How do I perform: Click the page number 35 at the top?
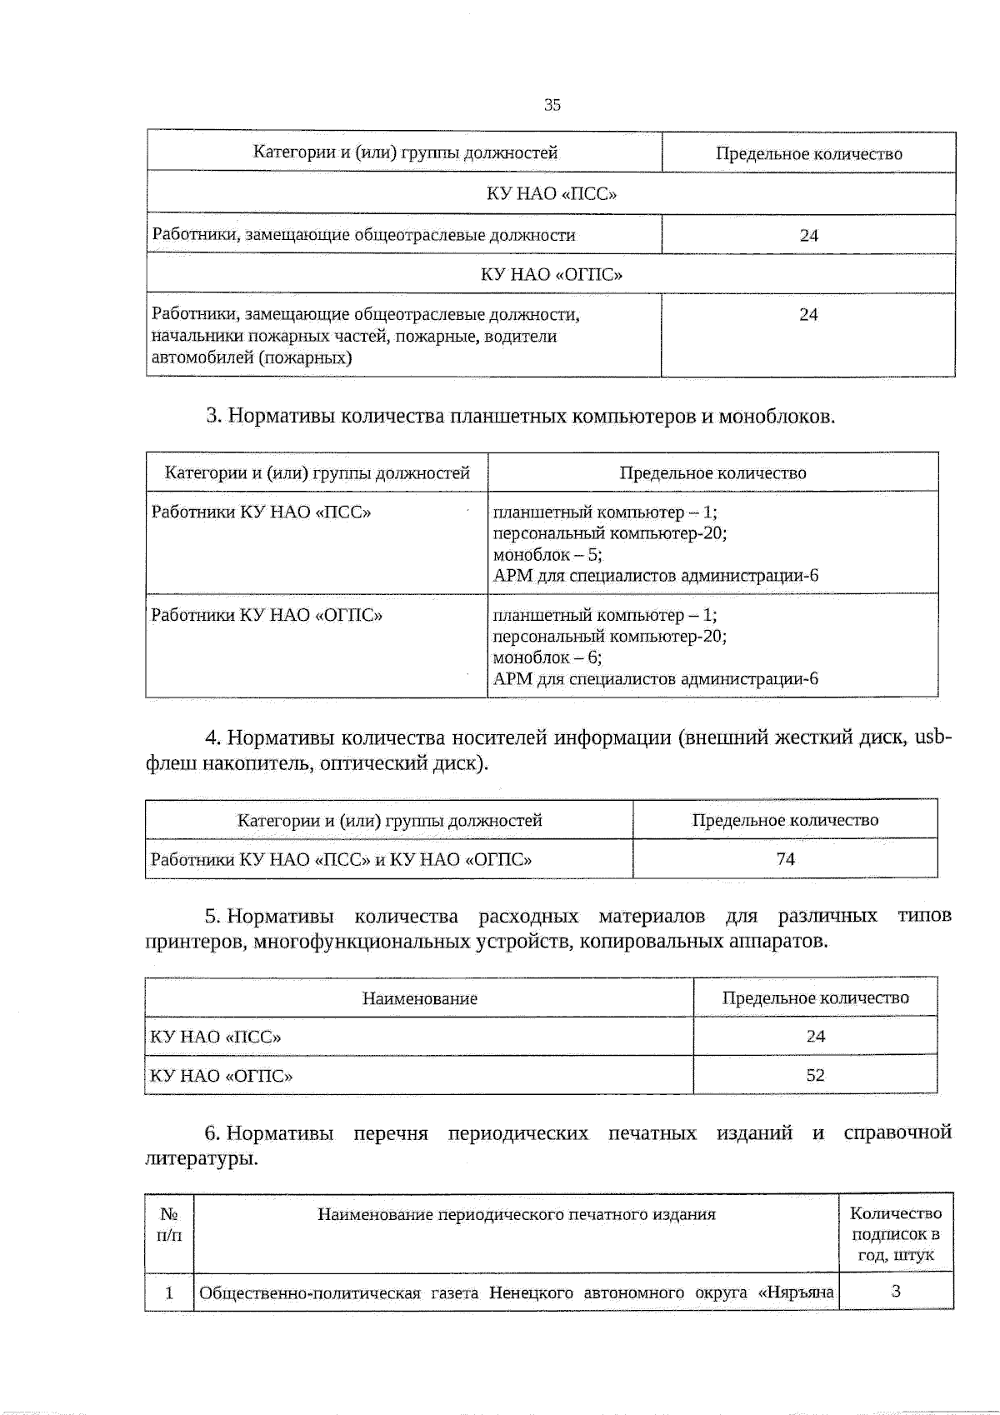(x=552, y=105)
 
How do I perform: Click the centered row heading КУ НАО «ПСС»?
(x=551, y=194)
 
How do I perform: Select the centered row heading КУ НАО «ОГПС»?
(x=551, y=274)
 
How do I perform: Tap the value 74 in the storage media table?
(x=785, y=859)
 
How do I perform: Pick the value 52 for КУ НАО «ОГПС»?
(x=815, y=1075)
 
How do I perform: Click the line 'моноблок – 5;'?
(x=547, y=555)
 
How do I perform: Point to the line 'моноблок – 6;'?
(x=547, y=657)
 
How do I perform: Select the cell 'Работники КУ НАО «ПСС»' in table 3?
(x=261, y=512)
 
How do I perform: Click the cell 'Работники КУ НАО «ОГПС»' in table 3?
(x=267, y=616)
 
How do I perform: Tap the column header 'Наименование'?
(x=419, y=998)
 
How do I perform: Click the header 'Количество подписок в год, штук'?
(x=896, y=1234)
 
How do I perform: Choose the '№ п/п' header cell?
(x=169, y=1224)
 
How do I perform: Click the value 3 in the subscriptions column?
(x=896, y=1292)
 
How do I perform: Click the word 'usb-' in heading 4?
(x=932, y=737)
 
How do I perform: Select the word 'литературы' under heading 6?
(x=201, y=1159)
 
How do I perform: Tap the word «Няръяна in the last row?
(x=796, y=1293)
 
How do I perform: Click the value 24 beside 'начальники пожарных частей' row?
(x=808, y=315)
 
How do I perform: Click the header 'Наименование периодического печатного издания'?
(x=516, y=1215)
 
